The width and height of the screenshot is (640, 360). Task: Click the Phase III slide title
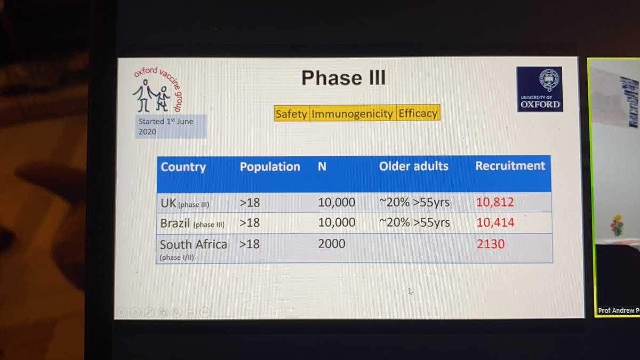[x=343, y=78]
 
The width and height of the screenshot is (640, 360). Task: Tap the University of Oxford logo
[x=539, y=89]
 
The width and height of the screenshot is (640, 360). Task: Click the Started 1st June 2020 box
[x=171, y=126]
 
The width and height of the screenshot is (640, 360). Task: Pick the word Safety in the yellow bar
[x=291, y=114]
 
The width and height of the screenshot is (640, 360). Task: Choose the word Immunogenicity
[x=353, y=114]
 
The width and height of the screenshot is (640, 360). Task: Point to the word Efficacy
[x=418, y=113]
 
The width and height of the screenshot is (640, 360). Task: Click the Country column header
[x=183, y=167]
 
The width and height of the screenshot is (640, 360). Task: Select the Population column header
[x=270, y=166]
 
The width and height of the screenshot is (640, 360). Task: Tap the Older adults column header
[x=413, y=166]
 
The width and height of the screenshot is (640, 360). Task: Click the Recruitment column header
[x=510, y=165]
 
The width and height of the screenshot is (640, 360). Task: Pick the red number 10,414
[x=495, y=222]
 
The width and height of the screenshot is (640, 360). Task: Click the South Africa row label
[x=194, y=245]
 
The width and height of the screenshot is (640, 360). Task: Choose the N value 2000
[x=332, y=244]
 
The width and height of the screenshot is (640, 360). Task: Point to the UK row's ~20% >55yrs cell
[x=414, y=202]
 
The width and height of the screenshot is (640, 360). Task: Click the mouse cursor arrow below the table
[x=411, y=291]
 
